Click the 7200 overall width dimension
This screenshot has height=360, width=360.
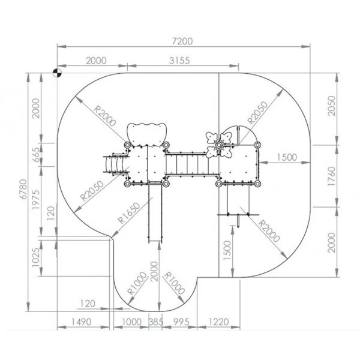[x=182, y=41]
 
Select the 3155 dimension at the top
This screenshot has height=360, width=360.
[x=179, y=61]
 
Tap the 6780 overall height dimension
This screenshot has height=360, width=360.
[x=23, y=189]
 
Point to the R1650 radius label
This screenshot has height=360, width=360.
[x=129, y=213]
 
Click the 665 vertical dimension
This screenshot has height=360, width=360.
[x=37, y=155]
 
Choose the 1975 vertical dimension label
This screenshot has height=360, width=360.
[x=36, y=199]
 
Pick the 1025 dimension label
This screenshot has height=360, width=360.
[x=36, y=257]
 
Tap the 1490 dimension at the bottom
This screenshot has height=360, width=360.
[x=82, y=322]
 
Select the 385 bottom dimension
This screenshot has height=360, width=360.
[x=156, y=322]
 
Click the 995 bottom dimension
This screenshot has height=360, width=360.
[x=181, y=322]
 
